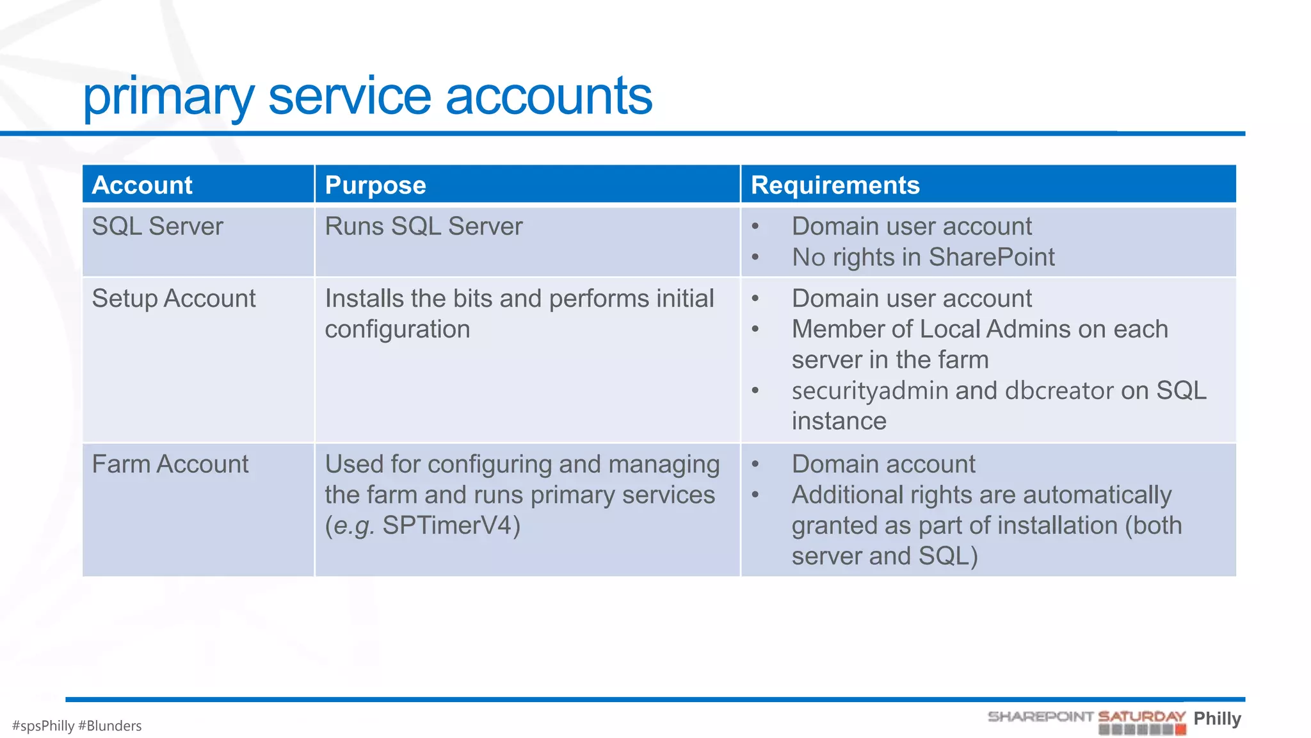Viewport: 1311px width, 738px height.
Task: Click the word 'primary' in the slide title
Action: (168, 97)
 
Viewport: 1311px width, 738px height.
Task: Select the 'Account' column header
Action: (142, 185)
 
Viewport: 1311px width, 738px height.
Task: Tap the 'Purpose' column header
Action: (375, 185)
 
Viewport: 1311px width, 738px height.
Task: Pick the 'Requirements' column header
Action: (835, 185)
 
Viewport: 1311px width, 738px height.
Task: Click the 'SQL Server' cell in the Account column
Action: (157, 227)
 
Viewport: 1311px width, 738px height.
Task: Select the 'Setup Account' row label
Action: (173, 299)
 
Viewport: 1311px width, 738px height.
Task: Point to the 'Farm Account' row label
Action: (170, 464)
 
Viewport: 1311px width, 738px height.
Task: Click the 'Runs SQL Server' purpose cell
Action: (423, 227)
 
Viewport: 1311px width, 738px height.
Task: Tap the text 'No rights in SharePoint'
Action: (922, 258)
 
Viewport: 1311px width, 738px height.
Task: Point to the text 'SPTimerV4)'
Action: (451, 526)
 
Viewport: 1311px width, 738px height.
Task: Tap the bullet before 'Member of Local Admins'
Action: (755, 330)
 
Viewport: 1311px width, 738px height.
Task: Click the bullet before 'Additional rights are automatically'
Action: (755, 495)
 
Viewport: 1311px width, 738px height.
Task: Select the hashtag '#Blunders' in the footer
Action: (109, 726)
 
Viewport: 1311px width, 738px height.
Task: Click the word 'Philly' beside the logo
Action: (1217, 718)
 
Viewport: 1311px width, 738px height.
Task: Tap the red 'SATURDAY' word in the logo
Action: (1141, 716)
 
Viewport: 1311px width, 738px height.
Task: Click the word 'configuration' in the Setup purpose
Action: (397, 330)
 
